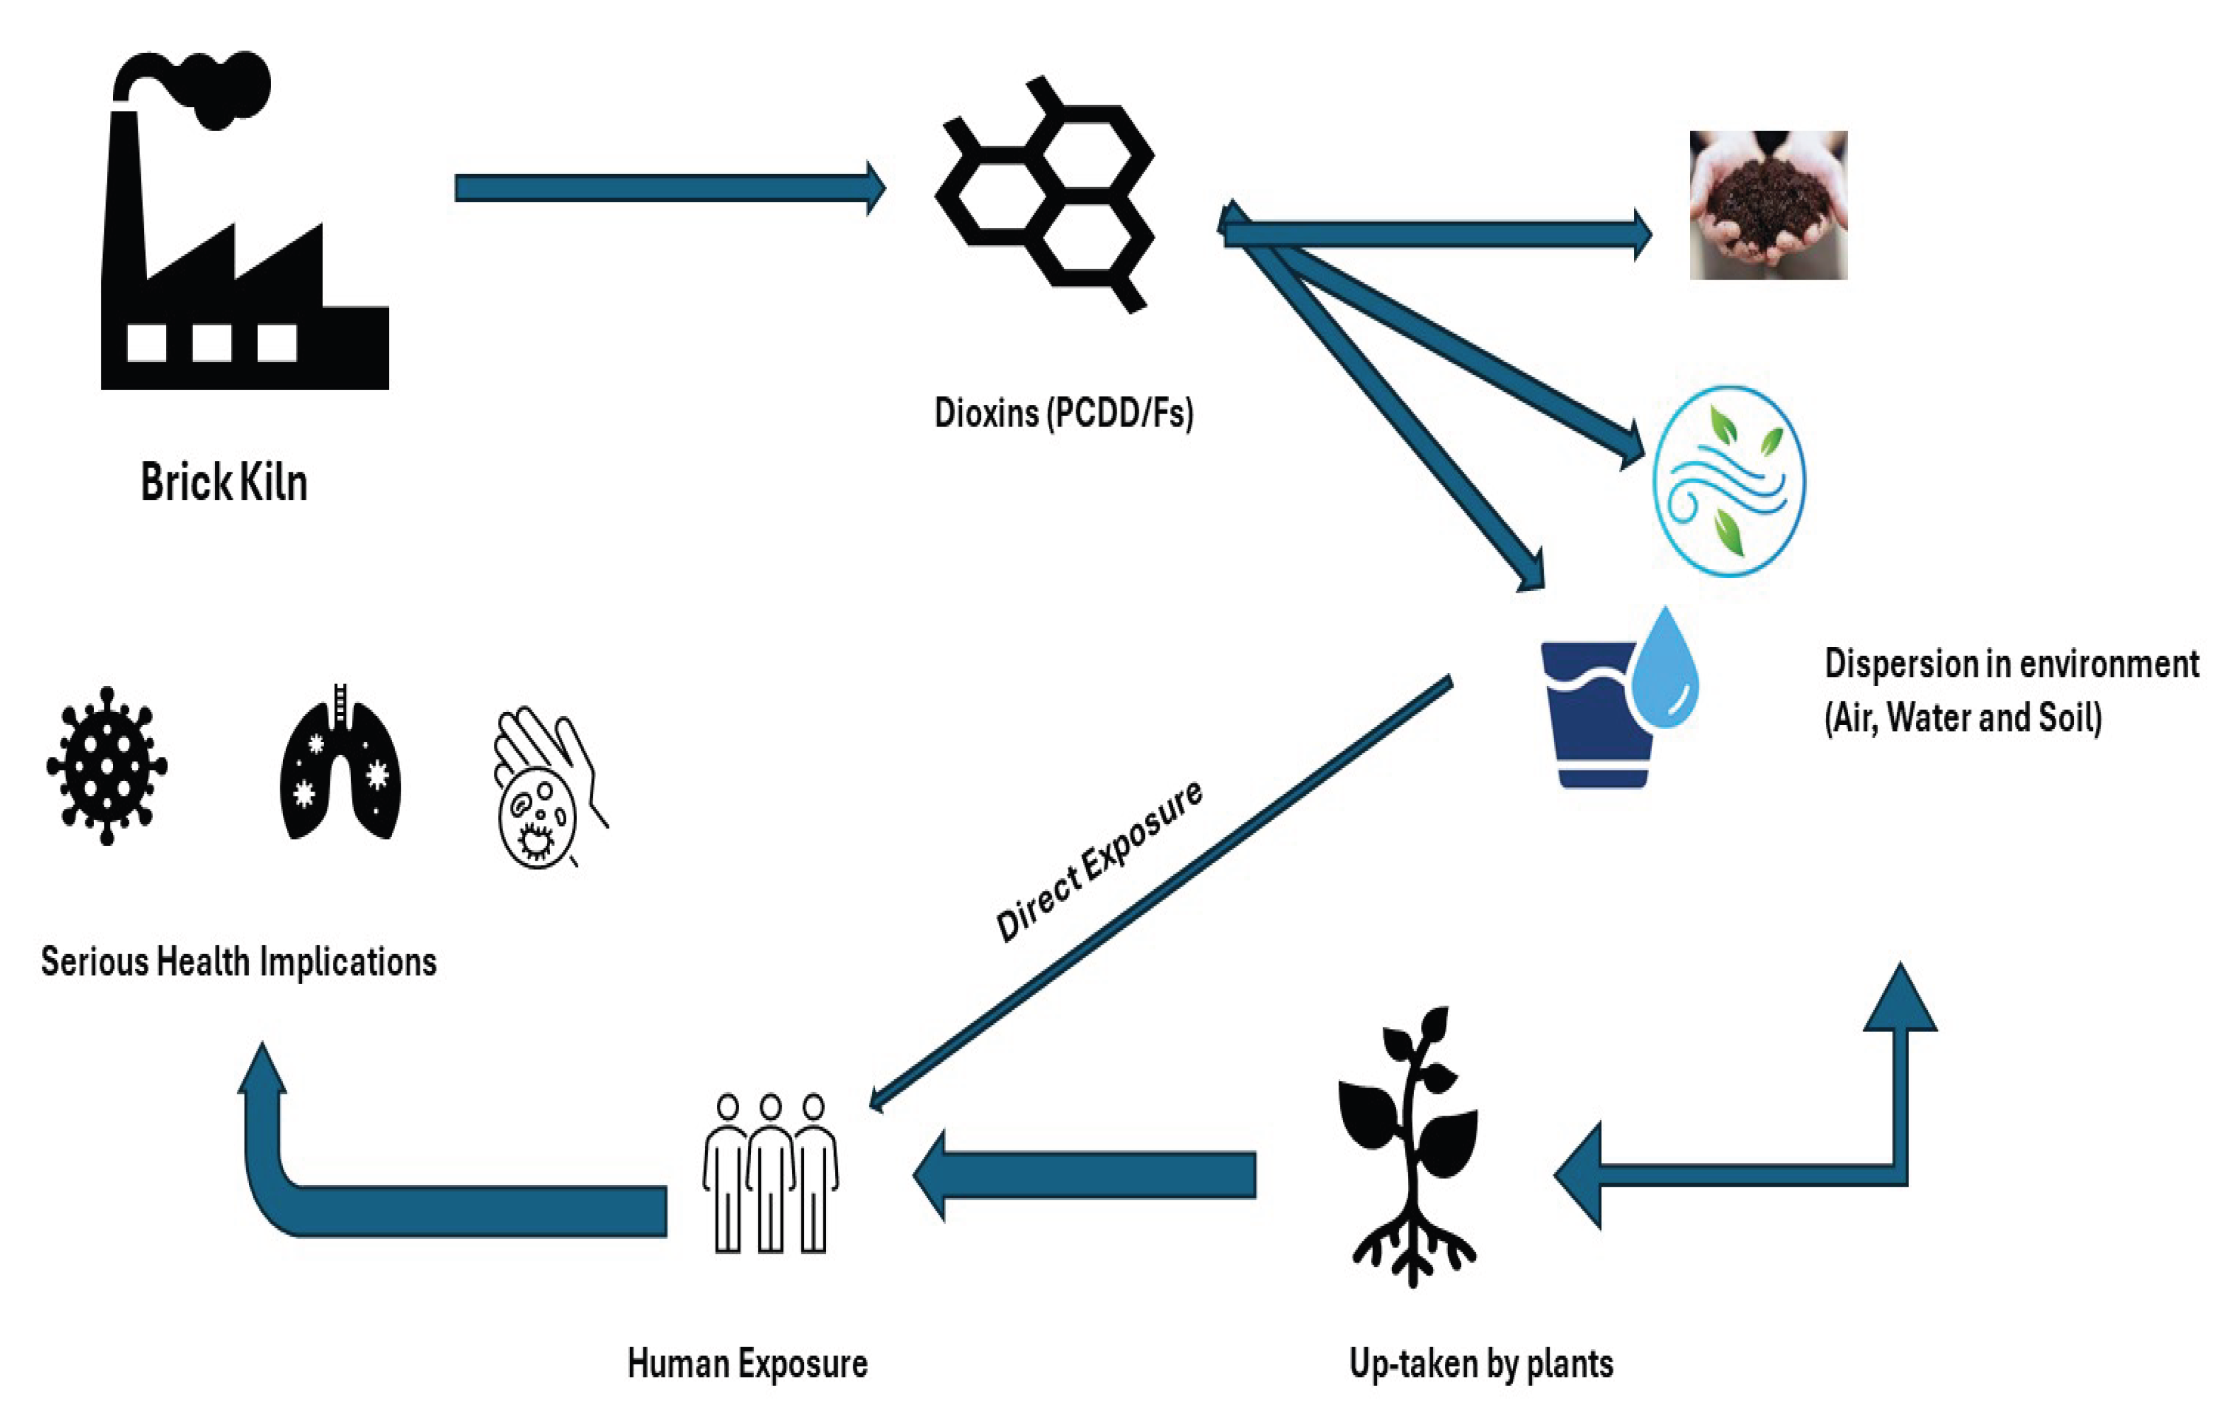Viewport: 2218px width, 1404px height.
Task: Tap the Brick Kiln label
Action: pyautogui.click(x=224, y=482)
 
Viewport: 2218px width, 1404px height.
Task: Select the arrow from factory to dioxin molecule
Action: pyautogui.click(x=669, y=188)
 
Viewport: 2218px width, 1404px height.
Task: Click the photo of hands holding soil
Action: pyautogui.click(x=1768, y=204)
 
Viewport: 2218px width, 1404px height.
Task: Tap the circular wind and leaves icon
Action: pyautogui.click(x=1729, y=481)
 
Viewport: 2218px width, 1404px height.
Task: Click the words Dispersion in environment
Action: pyautogui.click(x=2012, y=663)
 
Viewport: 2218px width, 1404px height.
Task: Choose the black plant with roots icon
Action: pyautogui.click(x=1407, y=1146)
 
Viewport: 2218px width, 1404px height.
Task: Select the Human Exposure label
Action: pyautogui.click(x=747, y=1363)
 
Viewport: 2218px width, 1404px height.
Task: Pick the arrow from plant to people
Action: pyautogui.click(x=1084, y=1176)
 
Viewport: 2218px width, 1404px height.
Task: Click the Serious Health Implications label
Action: pyautogui.click(x=238, y=962)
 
